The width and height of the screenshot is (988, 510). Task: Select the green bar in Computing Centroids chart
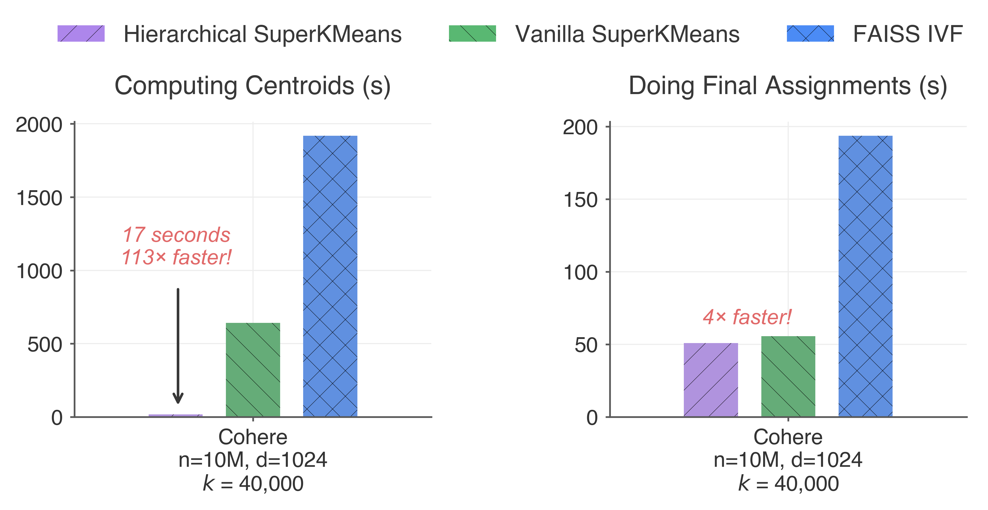253,370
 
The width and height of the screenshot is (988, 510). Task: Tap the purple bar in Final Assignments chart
710,380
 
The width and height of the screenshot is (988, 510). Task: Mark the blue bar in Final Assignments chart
865,276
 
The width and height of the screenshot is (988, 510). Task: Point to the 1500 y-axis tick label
39,198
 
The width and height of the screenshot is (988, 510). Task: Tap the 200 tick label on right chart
580,127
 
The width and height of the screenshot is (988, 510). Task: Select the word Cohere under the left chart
253,437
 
